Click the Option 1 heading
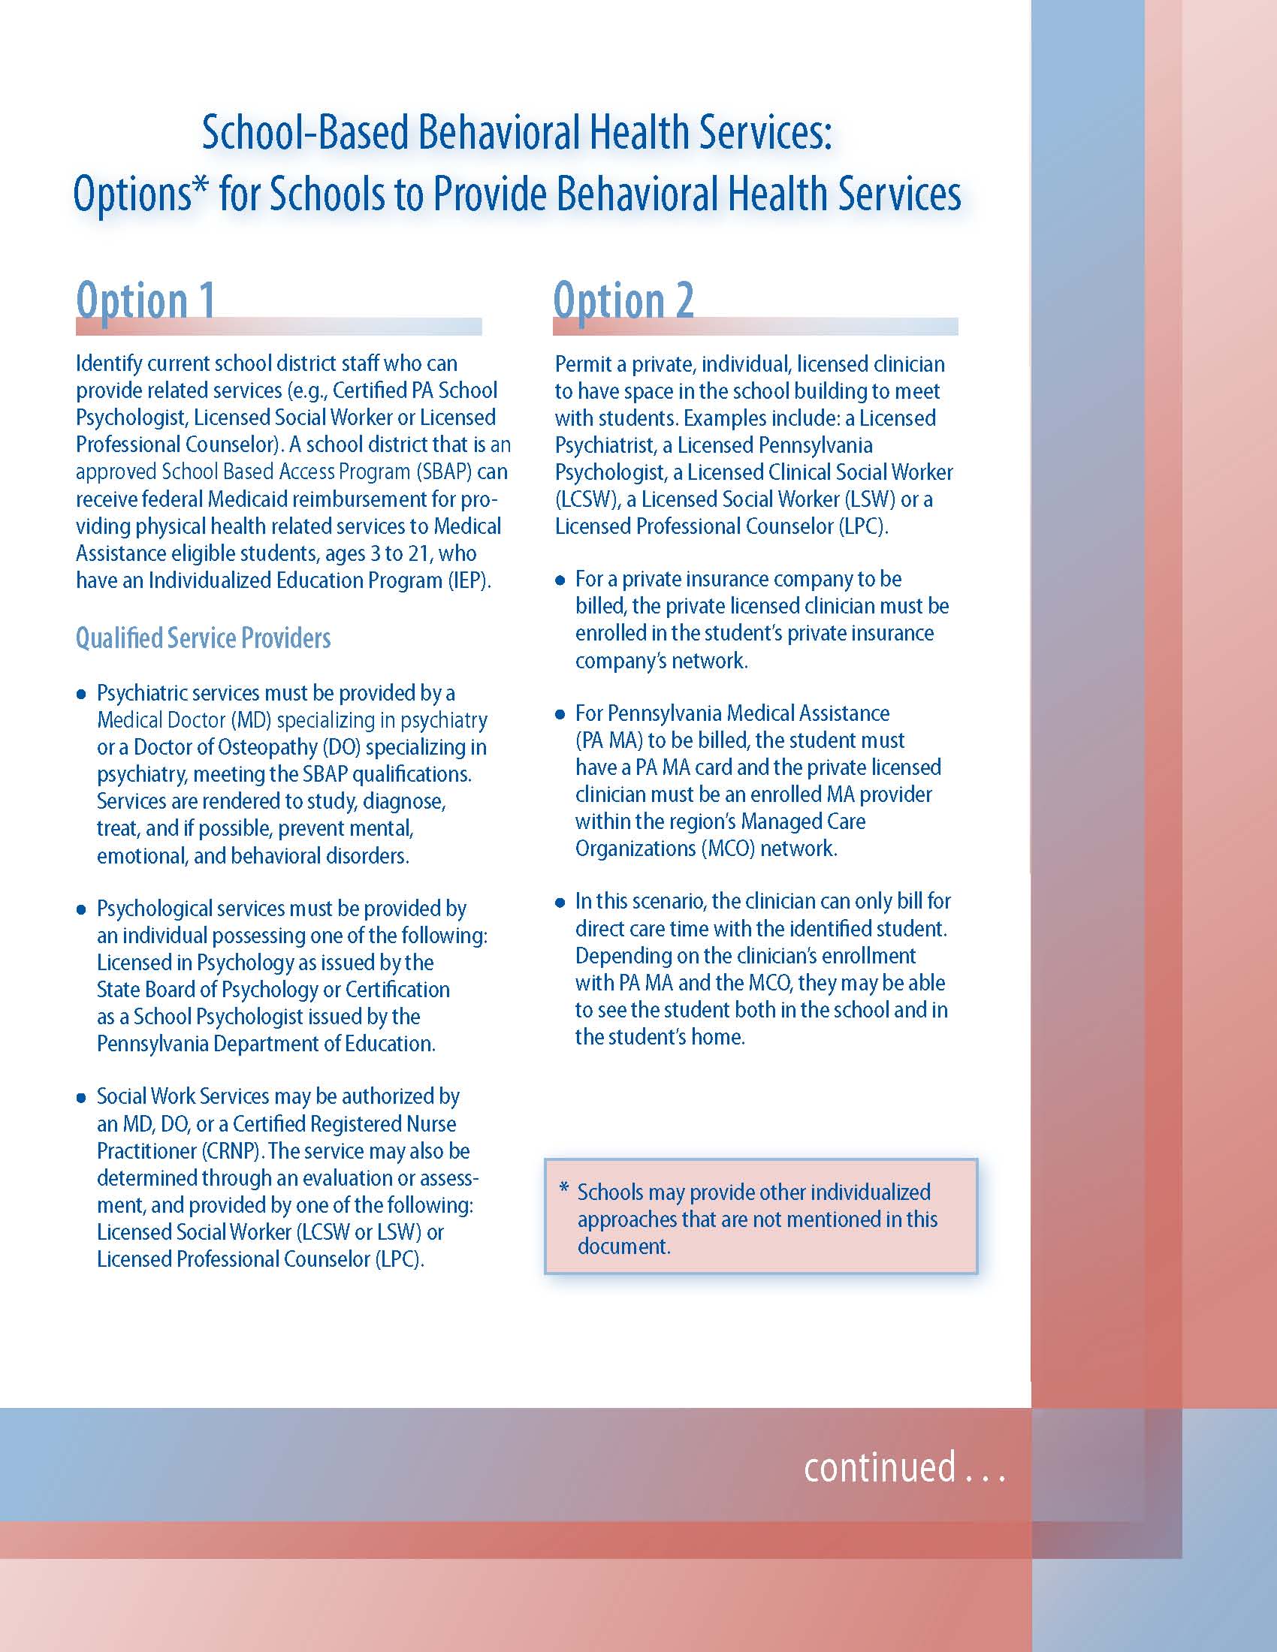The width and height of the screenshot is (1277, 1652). pyautogui.click(x=145, y=300)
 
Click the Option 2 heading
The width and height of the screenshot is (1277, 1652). pyautogui.click(x=623, y=300)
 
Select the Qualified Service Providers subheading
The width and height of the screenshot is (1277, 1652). pyautogui.click(x=203, y=638)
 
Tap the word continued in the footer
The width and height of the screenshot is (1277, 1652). pyautogui.click(x=879, y=1467)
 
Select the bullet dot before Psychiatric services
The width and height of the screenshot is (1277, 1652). pyautogui.click(x=82, y=695)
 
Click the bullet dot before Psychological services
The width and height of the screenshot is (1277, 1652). pyautogui.click(x=82, y=909)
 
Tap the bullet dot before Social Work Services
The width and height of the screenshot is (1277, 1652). pyautogui.click(x=82, y=1098)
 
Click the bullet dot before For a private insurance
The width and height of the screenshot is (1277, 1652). pyautogui.click(x=560, y=581)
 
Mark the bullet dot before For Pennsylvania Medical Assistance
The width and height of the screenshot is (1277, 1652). pyautogui.click(x=560, y=714)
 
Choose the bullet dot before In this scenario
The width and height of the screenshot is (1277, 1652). pyautogui.click(x=560, y=903)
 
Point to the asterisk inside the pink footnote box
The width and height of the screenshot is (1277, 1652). pyautogui.click(x=563, y=1189)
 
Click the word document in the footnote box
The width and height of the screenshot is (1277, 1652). pyautogui.click(x=623, y=1247)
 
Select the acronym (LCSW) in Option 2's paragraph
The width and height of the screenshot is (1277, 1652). pyautogui.click(x=587, y=500)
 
